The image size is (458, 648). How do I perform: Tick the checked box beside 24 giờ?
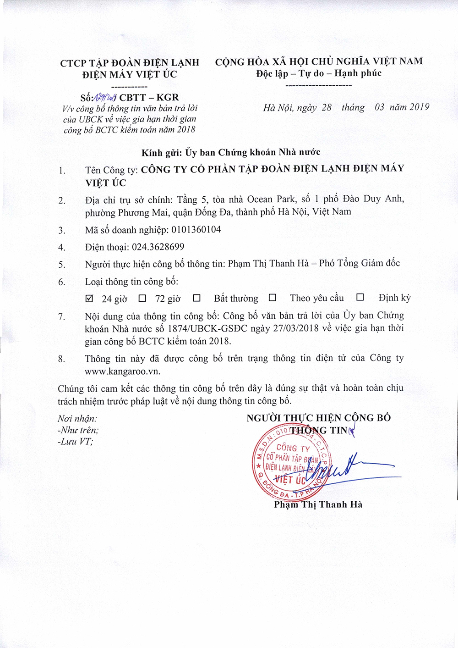pyautogui.click(x=90, y=299)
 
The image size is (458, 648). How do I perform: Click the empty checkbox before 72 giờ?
pyautogui.click(x=142, y=299)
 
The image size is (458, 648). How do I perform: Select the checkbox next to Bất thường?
pyautogui.click(x=197, y=298)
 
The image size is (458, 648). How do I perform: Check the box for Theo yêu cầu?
pyautogui.click(x=273, y=298)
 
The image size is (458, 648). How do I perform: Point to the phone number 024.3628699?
pyautogui.click(x=158, y=247)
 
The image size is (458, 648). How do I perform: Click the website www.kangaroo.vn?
pyautogui.click(x=122, y=371)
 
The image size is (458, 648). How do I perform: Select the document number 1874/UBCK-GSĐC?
pyautogui.click(x=208, y=328)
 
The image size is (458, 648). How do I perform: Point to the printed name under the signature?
pyautogui.click(x=318, y=504)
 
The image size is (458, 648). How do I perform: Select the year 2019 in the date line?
pyautogui.click(x=419, y=107)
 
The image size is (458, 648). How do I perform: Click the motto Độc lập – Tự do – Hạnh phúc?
pyautogui.click(x=319, y=73)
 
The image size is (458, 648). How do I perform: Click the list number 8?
pyautogui.click(x=62, y=359)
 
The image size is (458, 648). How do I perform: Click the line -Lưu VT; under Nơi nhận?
pyautogui.click(x=75, y=442)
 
